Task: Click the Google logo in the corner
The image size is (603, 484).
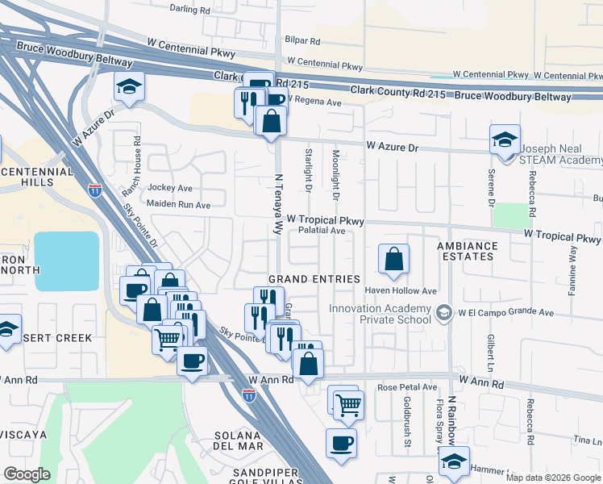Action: (27, 474)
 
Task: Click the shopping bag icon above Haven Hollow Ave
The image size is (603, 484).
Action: (393, 260)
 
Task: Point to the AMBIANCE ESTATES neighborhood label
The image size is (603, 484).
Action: (476, 251)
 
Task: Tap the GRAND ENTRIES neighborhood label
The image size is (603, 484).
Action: (314, 278)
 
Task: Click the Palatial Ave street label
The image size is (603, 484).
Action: (322, 231)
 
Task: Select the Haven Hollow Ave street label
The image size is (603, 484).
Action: (401, 290)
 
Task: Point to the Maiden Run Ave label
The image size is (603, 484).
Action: (178, 205)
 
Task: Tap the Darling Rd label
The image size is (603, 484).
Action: (190, 9)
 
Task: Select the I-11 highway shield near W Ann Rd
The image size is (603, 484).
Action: (249, 394)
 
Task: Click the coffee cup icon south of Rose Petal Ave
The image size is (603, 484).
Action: (341, 444)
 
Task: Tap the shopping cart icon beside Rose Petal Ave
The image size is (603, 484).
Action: (348, 405)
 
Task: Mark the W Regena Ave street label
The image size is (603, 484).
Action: (314, 102)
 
